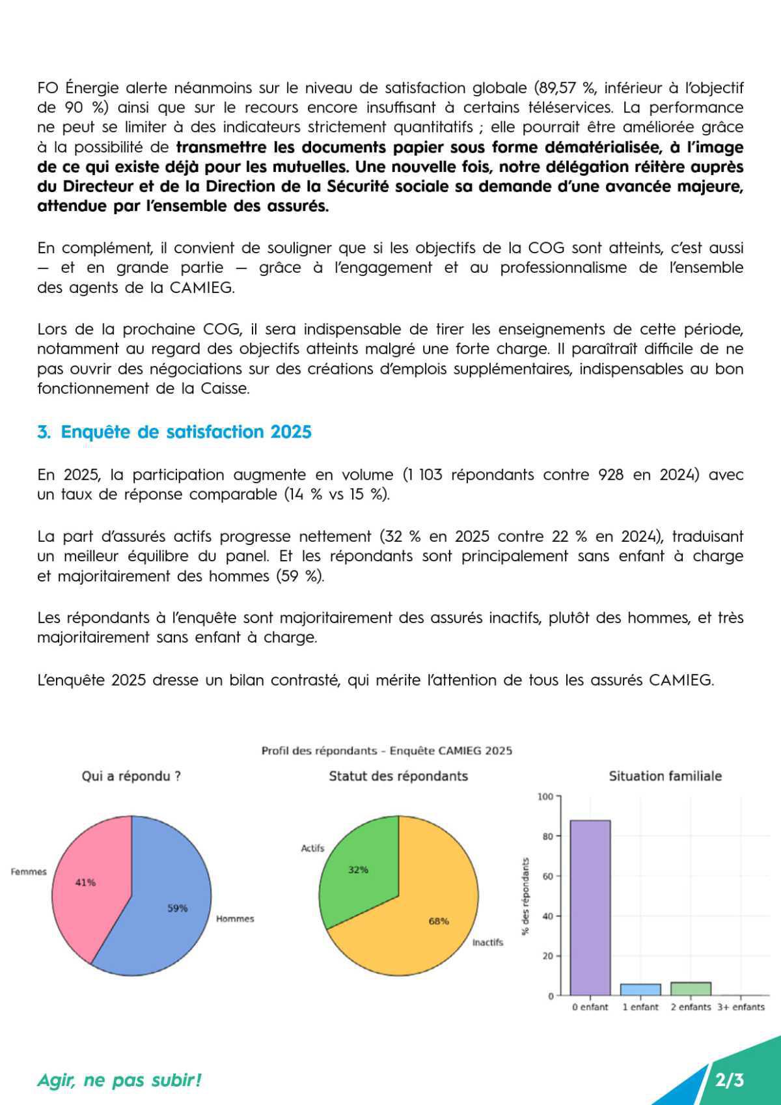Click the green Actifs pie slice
coord(361,866)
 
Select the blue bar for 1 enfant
coord(640,989)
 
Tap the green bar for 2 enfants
coord(691,988)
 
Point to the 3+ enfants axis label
coord(741,1007)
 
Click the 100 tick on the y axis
coord(545,796)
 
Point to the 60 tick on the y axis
coord(547,876)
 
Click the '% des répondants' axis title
coord(525,896)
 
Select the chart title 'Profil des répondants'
coord(387,751)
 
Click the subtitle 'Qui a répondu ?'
coord(131,776)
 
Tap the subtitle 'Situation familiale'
coord(665,776)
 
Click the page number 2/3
coord(729,1080)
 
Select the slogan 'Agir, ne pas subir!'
coord(119,1080)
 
